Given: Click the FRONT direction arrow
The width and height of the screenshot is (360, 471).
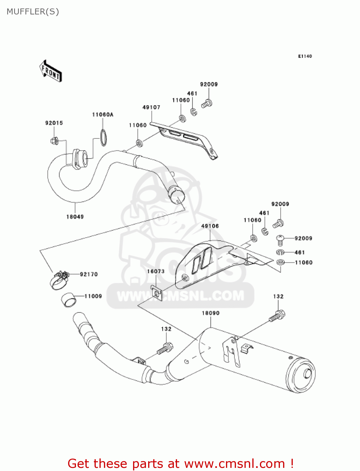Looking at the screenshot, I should click(x=51, y=71).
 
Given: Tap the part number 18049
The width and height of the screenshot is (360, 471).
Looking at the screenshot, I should click(x=75, y=217).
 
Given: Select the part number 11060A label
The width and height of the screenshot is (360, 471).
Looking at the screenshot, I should click(x=103, y=115).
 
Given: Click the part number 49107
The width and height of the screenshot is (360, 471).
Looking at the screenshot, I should click(x=151, y=107).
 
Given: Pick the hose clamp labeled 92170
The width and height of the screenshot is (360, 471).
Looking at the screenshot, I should click(x=59, y=279).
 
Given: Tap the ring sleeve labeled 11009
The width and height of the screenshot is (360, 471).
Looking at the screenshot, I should click(x=69, y=300).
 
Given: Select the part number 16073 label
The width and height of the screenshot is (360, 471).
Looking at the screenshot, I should click(x=156, y=271).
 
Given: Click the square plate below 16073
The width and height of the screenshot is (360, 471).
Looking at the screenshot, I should click(x=156, y=293).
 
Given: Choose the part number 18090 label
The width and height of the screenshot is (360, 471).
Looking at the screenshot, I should click(x=211, y=313).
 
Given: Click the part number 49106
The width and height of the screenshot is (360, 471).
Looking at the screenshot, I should click(x=210, y=226).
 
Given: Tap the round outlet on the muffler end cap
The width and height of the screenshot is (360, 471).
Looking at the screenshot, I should click(x=307, y=375).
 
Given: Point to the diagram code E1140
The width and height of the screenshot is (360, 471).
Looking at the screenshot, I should click(x=305, y=56).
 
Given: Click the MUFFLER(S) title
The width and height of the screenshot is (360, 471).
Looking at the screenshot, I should click(x=33, y=12).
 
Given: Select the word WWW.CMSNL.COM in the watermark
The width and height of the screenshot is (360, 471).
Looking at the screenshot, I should click(x=180, y=296).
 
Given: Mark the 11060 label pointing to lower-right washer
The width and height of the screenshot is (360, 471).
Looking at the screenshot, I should click(x=304, y=263).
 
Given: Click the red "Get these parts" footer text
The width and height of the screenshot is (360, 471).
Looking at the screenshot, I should click(x=180, y=463).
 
